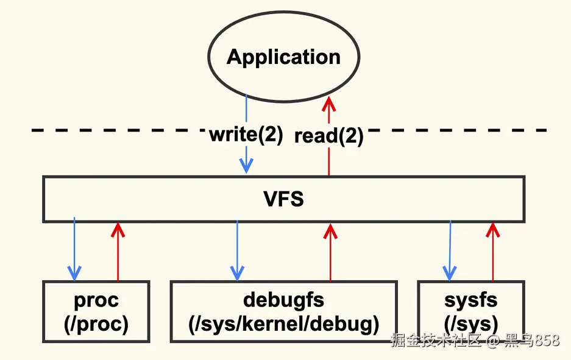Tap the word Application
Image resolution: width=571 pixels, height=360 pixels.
(283, 57)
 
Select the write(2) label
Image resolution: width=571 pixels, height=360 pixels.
(246, 135)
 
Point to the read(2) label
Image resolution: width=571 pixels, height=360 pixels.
(328, 136)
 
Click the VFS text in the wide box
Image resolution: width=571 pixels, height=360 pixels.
(283, 199)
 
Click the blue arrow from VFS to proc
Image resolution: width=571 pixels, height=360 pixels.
(74, 250)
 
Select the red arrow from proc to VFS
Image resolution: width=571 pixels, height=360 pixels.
(118, 250)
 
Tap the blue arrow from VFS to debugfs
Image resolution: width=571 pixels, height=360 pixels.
(237, 250)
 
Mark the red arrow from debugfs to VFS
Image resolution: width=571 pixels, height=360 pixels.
(330, 250)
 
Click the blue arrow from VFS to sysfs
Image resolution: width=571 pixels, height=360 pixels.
(450, 250)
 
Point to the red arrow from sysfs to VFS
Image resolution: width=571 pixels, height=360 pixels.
(492, 250)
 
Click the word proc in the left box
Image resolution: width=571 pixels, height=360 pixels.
(96, 300)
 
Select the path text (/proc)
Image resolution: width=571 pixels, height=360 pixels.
(96, 323)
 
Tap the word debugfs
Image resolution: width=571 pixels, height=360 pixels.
(283, 300)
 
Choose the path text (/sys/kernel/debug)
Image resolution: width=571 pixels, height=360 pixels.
(283, 323)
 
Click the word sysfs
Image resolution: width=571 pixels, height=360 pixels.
(470, 300)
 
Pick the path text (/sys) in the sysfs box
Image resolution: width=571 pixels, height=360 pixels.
(470, 323)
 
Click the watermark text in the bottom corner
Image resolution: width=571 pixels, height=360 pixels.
(475, 341)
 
